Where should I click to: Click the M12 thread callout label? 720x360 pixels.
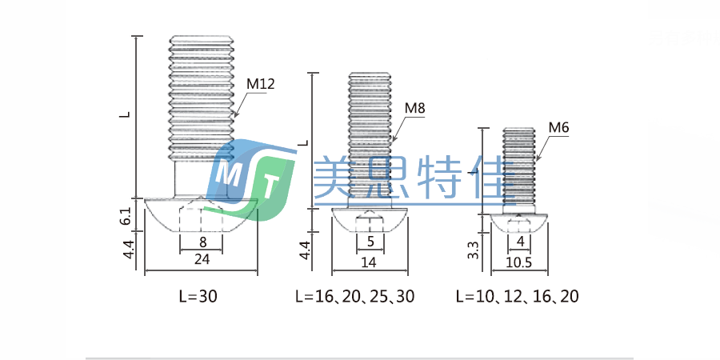260,84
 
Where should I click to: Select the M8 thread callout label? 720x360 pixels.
414,108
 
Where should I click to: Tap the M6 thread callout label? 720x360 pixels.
558,127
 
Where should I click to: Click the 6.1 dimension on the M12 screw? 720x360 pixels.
125,215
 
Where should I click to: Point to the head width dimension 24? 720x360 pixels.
202,258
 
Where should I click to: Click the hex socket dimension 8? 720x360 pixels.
202,242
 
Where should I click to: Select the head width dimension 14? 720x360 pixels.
369,261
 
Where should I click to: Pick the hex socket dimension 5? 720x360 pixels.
370,242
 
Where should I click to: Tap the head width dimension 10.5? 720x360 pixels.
519,261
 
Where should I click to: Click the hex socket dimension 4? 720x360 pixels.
520,242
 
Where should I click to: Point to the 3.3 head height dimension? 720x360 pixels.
474,250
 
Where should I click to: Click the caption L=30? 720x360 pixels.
198,296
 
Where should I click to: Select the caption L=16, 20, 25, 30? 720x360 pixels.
355,296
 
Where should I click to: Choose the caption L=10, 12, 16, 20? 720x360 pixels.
517,296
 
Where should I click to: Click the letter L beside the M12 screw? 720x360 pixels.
125,114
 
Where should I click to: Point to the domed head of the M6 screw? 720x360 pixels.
520,223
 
